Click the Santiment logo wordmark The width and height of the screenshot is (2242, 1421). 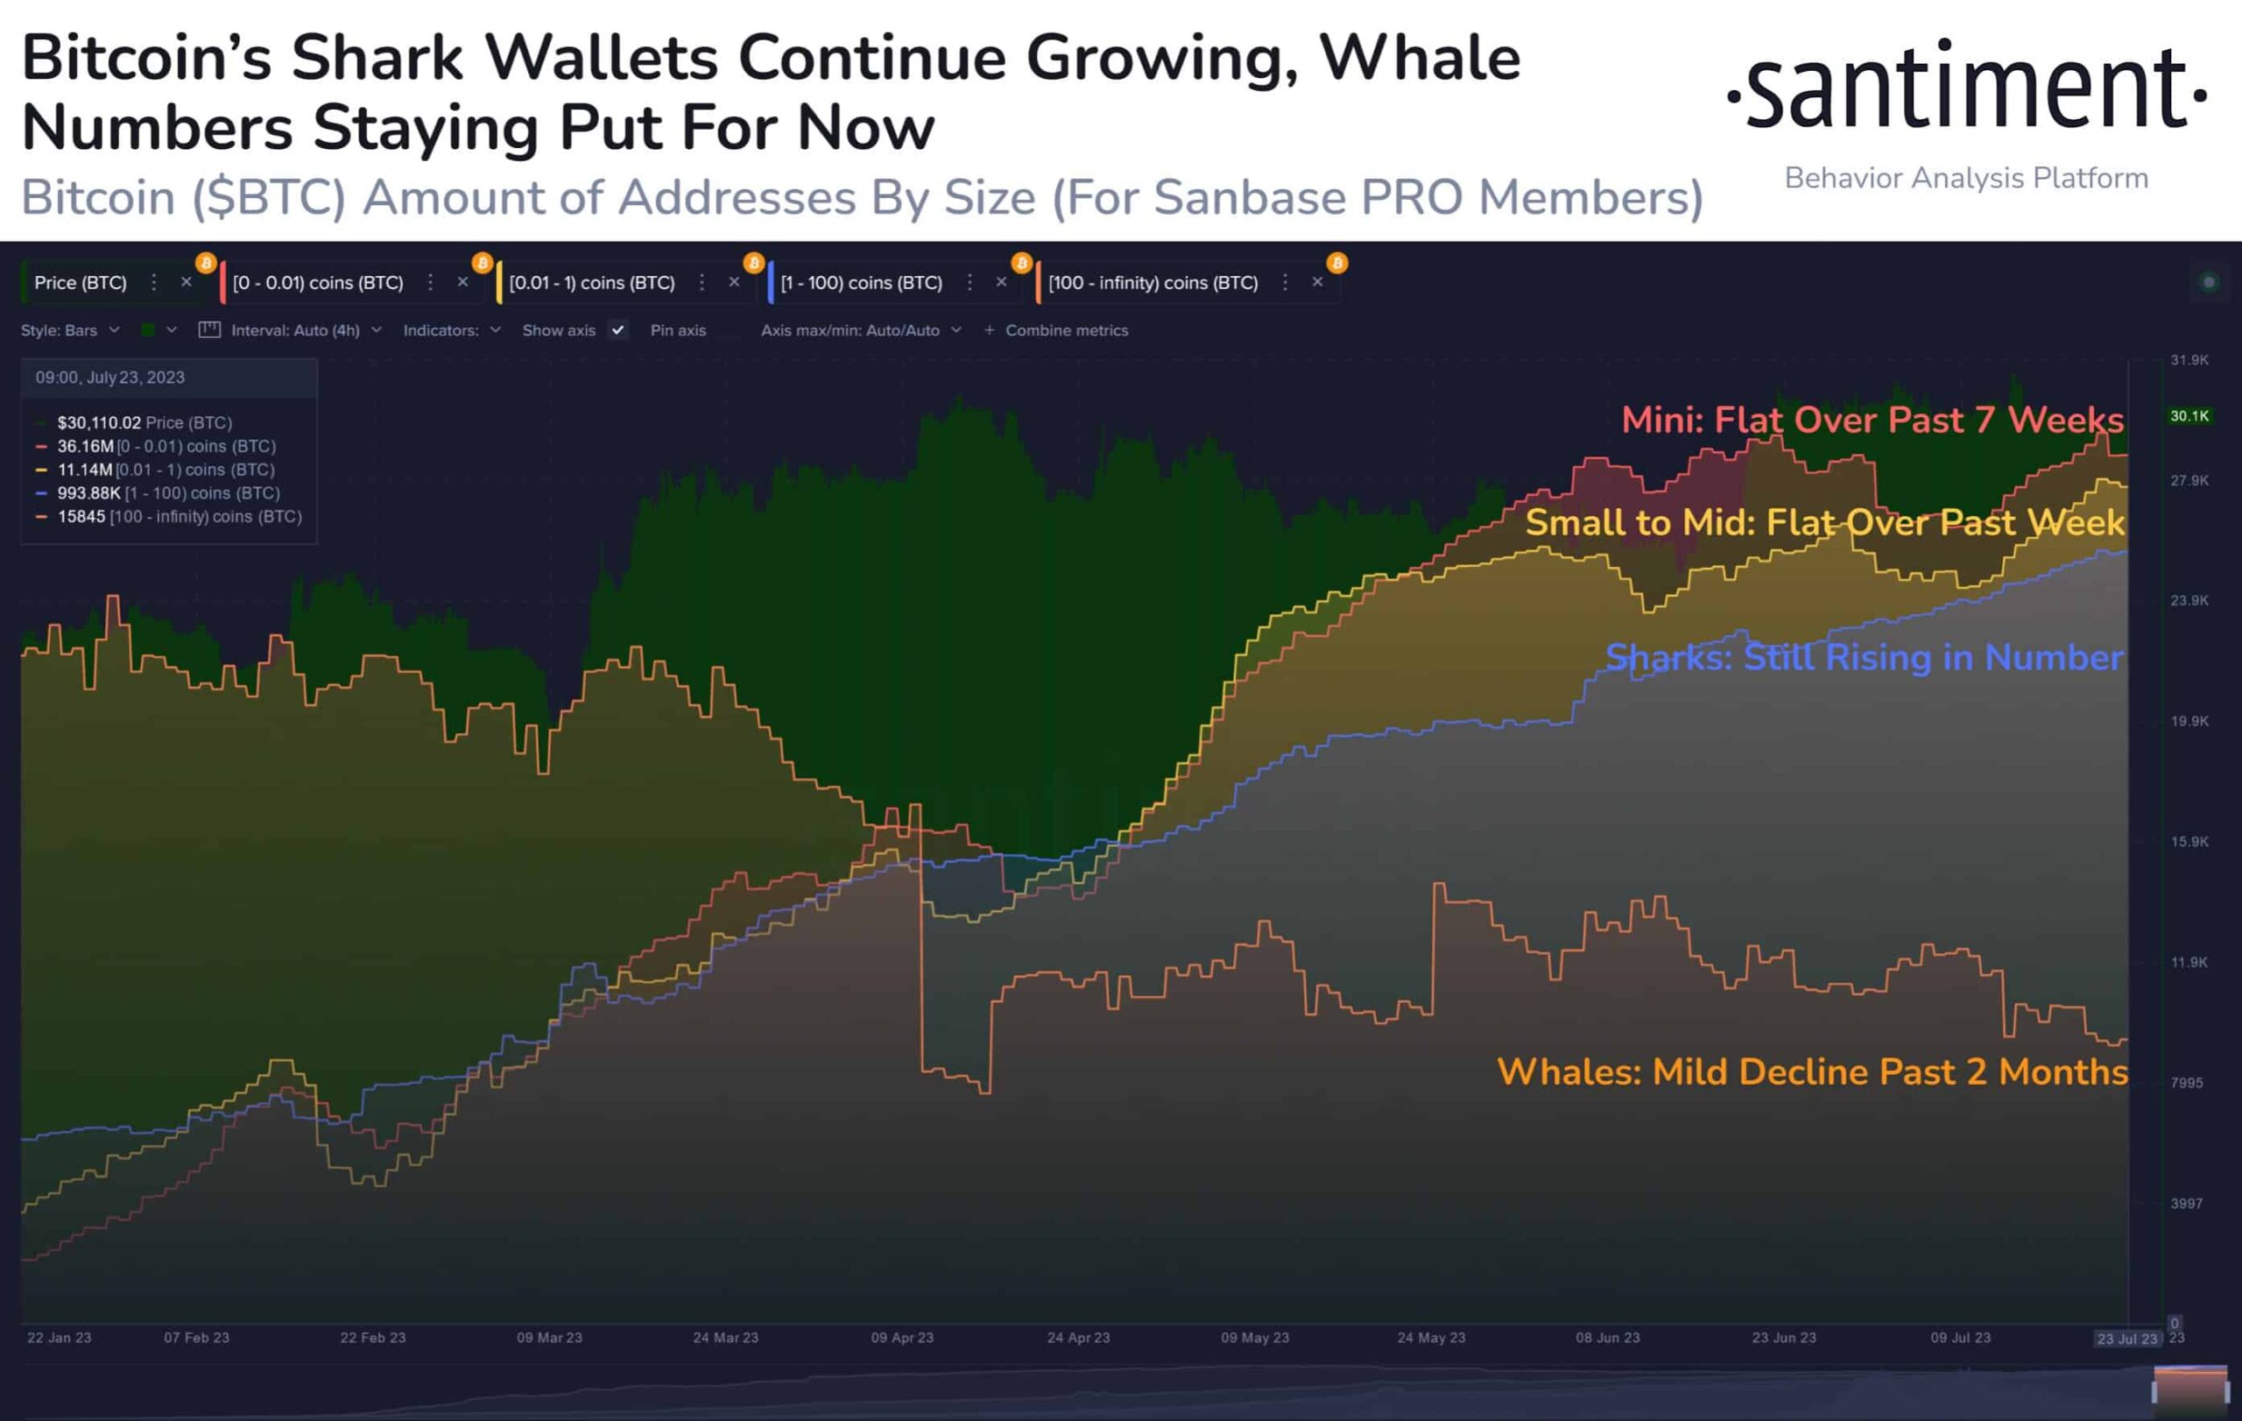pyautogui.click(x=1966, y=86)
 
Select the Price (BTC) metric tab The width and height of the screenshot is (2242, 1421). pyautogui.click(x=80, y=282)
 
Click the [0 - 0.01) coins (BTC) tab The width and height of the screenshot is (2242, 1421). pyautogui.click(x=318, y=282)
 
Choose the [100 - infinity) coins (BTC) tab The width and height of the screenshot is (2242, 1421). pyautogui.click(x=1152, y=282)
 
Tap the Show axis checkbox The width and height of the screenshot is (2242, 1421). pyautogui.click(x=617, y=330)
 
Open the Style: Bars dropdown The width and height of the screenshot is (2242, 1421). pyautogui.click(x=70, y=330)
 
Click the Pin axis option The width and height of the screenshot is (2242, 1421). pyautogui.click(x=678, y=330)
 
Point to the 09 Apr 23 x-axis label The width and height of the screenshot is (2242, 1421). pyautogui.click(x=901, y=1337)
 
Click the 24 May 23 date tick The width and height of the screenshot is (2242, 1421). pyautogui.click(x=1430, y=1337)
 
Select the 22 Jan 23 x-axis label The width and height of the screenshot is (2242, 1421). pyautogui.click(x=60, y=1337)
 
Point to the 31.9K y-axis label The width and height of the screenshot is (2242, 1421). pyautogui.click(x=2188, y=360)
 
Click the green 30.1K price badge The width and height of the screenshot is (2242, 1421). pyautogui.click(x=2189, y=415)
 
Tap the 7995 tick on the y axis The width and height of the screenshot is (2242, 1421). pyautogui.click(x=2186, y=1082)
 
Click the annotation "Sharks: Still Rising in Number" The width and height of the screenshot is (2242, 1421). pyautogui.click(x=1864, y=657)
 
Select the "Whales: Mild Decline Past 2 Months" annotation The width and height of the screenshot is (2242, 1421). pyautogui.click(x=1812, y=1071)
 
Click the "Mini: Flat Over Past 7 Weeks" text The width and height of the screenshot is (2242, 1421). pyautogui.click(x=1872, y=420)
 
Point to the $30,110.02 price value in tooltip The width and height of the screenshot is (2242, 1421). pyautogui.click(x=99, y=423)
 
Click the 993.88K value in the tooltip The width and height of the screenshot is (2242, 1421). pyautogui.click(x=88, y=492)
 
